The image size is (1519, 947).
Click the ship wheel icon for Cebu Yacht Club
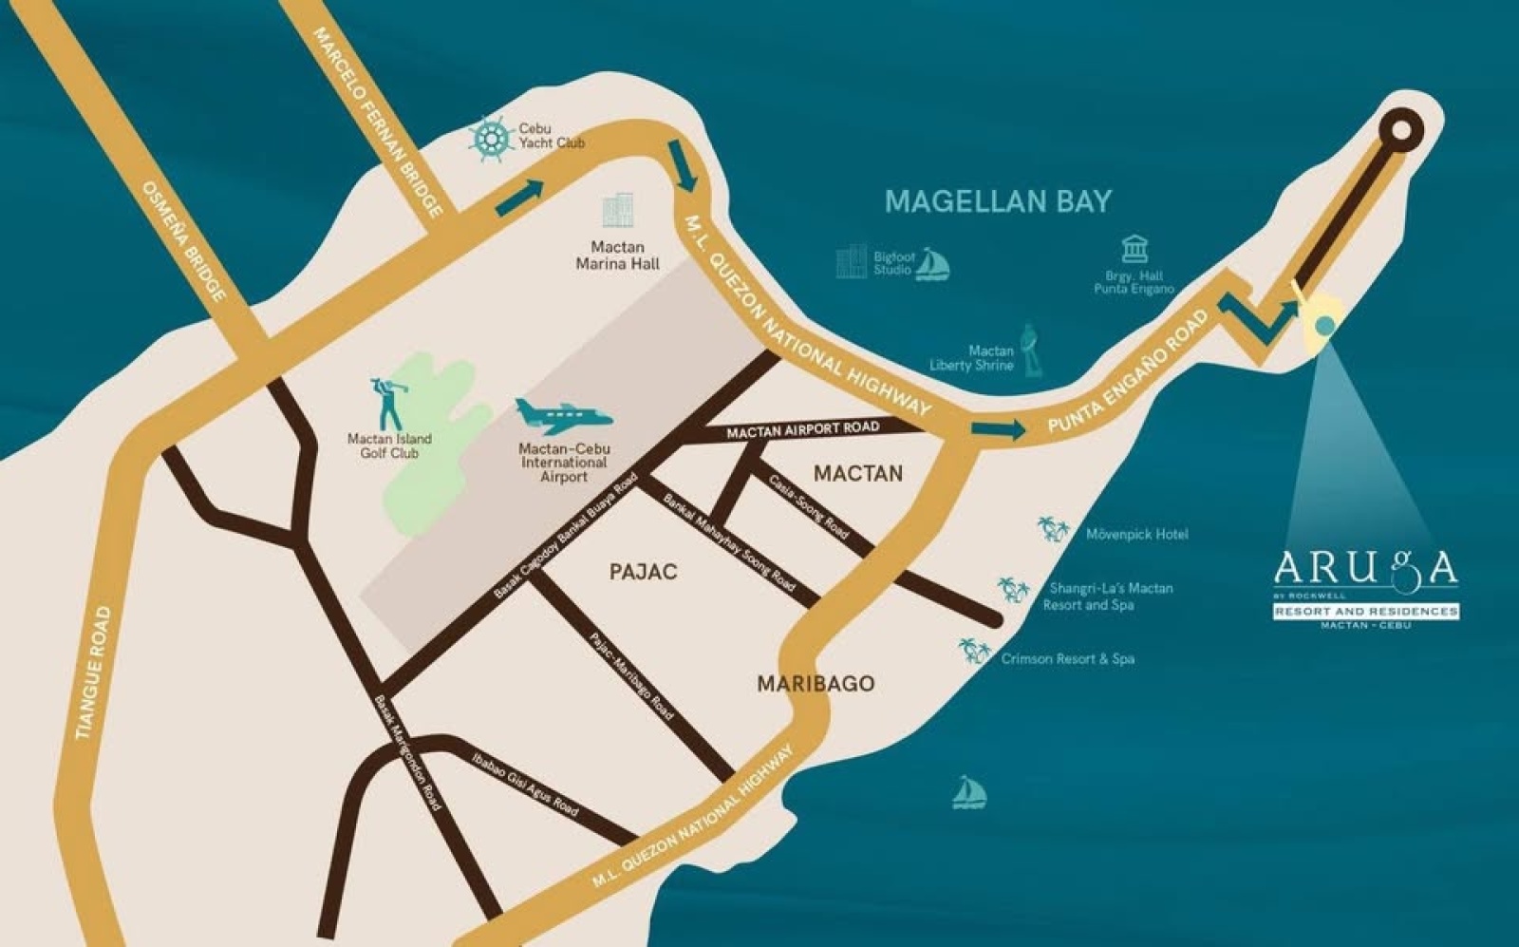490,139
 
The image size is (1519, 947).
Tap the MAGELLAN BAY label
998,201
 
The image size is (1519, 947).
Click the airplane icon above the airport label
562,415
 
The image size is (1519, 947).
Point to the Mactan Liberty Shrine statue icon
1029,349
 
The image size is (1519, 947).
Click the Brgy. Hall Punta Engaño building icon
1134,249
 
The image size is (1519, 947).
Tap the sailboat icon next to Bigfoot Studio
932,264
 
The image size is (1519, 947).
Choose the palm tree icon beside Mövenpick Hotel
1053,529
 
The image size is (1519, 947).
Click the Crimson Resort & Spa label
1067,658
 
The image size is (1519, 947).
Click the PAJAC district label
643,572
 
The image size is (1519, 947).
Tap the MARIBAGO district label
816,684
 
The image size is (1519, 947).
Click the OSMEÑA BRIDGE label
185,242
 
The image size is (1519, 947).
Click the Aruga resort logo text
1365,568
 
